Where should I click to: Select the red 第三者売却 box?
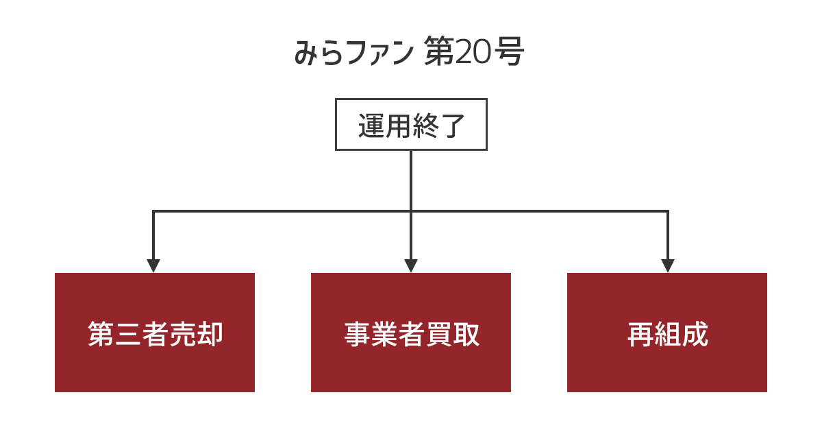coord(155,333)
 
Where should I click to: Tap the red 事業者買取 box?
coord(410,333)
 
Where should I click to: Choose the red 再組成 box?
coord(667,333)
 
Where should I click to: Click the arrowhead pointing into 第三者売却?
coord(153,265)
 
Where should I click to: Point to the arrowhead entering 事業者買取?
coord(411,265)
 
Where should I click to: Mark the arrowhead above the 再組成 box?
coord(667,265)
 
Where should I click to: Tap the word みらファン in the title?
coord(354,52)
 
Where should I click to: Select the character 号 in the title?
coord(508,52)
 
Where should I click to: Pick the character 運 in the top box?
coord(371,125)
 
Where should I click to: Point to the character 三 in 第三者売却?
coord(128,334)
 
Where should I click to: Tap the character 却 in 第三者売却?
coord(210,334)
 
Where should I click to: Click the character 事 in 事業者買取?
coord(358,334)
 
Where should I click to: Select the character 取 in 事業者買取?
coord(466,334)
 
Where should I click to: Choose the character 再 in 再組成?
coord(640,334)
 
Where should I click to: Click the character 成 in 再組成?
coord(695,334)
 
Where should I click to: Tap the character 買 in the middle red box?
coord(439,334)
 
